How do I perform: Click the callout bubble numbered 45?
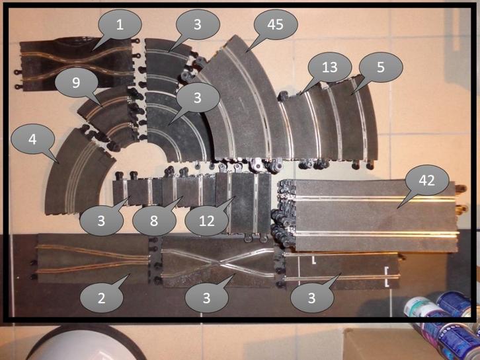[275, 24]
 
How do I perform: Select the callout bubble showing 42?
[426, 180]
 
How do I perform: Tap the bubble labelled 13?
[330, 67]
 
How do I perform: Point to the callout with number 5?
[381, 67]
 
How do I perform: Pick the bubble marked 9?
[76, 83]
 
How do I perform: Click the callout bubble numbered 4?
[32, 139]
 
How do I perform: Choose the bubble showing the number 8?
[154, 221]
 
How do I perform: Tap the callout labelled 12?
[207, 221]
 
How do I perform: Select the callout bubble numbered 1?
[120, 24]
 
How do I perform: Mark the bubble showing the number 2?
[101, 298]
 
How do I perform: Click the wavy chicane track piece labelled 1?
[77, 65]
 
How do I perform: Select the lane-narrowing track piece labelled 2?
[92, 258]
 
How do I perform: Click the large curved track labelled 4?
[77, 171]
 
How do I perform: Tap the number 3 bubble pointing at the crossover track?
[207, 298]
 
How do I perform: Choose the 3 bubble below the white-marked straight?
[311, 298]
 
